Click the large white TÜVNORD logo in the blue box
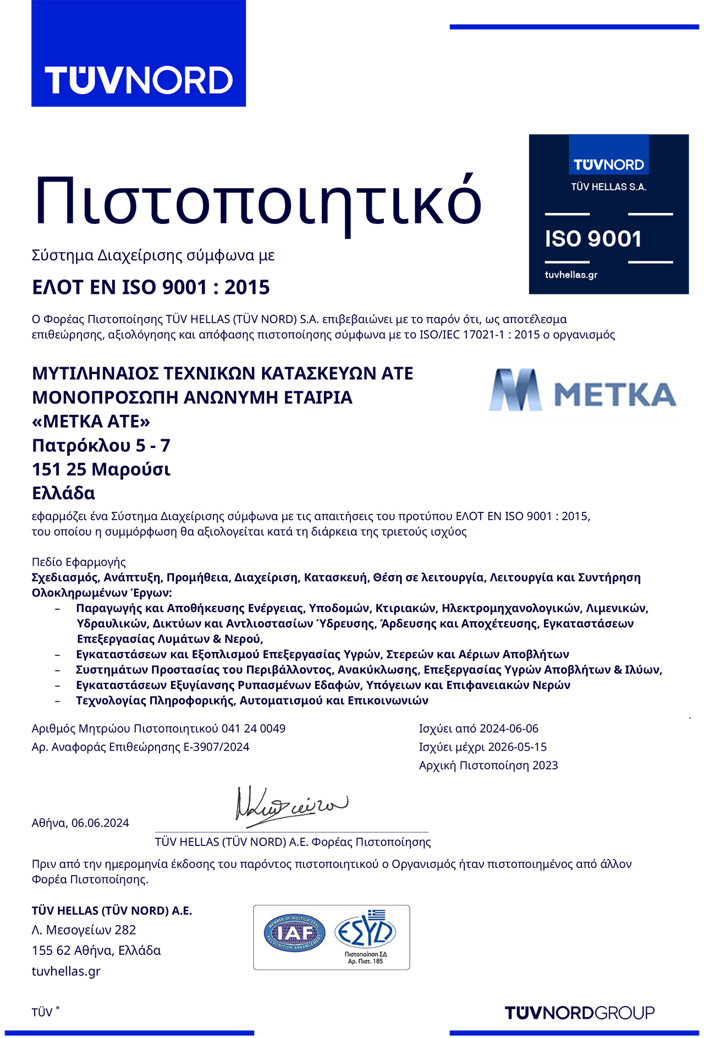click(x=139, y=80)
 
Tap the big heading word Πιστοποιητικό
click(x=257, y=201)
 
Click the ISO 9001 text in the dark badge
click(x=593, y=239)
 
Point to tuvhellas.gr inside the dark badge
click(x=571, y=275)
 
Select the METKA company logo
click(x=582, y=390)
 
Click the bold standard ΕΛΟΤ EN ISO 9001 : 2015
click(x=151, y=287)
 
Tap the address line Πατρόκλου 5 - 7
click(x=101, y=445)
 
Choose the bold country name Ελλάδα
click(x=63, y=493)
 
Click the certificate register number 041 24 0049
click(x=254, y=729)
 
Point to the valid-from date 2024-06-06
click(x=509, y=729)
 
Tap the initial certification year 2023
click(x=545, y=766)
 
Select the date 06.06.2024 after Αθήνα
click(x=100, y=823)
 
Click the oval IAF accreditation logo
click(x=295, y=934)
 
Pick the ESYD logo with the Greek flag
click(x=365, y=932)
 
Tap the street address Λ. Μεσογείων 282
click(x=84, y=930)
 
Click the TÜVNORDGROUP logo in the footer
click(x=580, y=1013)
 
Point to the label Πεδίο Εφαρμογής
click(x=79, y=562)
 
